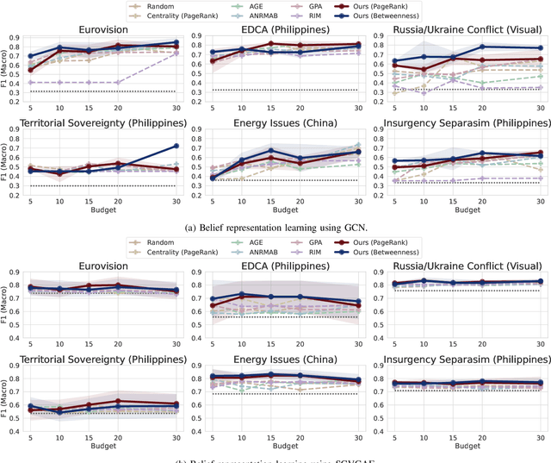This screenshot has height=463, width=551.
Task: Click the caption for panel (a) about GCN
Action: (275, 228)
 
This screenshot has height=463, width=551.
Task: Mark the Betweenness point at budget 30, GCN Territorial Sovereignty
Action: (176, 146)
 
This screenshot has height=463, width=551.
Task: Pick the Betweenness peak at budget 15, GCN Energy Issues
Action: (270, 151)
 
